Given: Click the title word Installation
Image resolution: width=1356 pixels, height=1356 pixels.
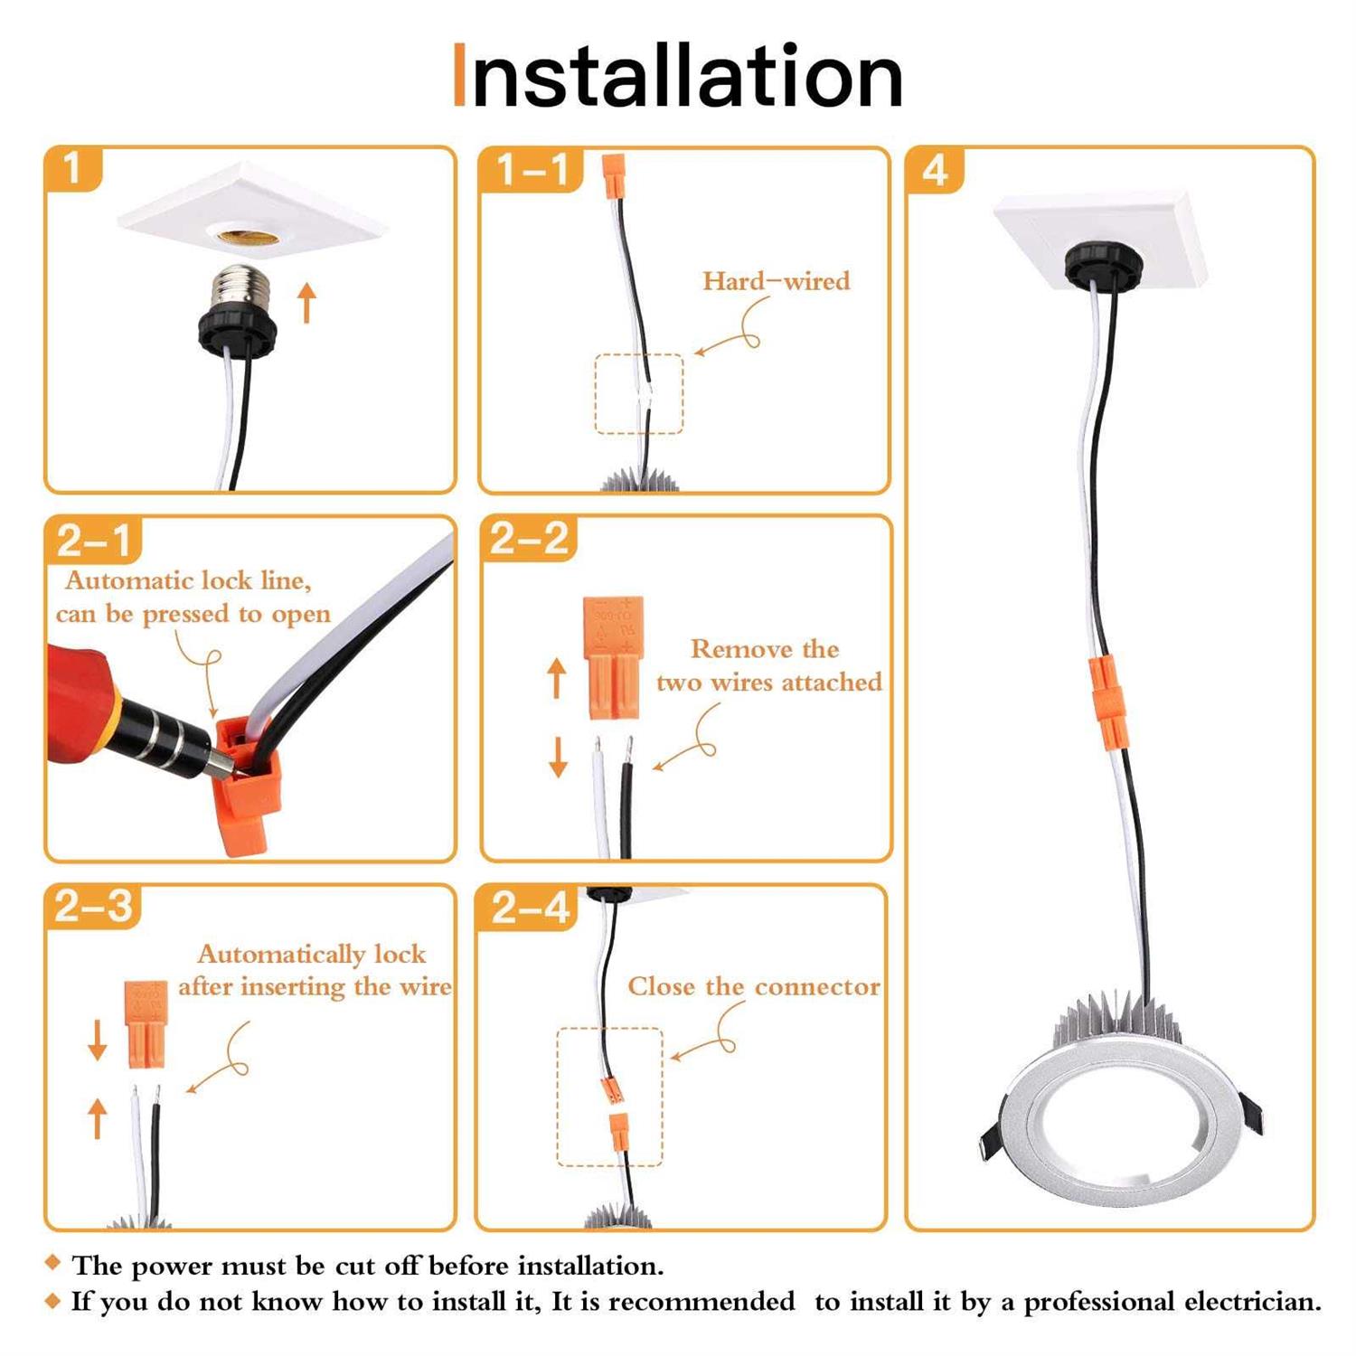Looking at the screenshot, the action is (678, 76).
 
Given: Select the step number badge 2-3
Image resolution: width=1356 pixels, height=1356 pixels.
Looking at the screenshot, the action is (93, 907).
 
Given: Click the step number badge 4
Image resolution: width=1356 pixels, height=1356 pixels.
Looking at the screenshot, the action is (935, 170).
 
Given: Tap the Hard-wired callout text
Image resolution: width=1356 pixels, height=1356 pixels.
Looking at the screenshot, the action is (777, 281).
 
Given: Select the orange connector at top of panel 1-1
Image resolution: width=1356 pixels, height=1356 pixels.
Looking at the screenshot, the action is (614, 176).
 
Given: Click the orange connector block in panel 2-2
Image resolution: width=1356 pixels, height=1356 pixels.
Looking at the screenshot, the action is (613, 657).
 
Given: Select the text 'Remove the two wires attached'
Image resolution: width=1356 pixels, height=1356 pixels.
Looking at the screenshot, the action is (768, 665).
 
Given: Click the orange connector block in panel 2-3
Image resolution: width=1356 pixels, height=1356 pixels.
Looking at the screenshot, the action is (146, 1024).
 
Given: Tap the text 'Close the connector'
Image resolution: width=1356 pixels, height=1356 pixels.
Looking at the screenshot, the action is (754, 986).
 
